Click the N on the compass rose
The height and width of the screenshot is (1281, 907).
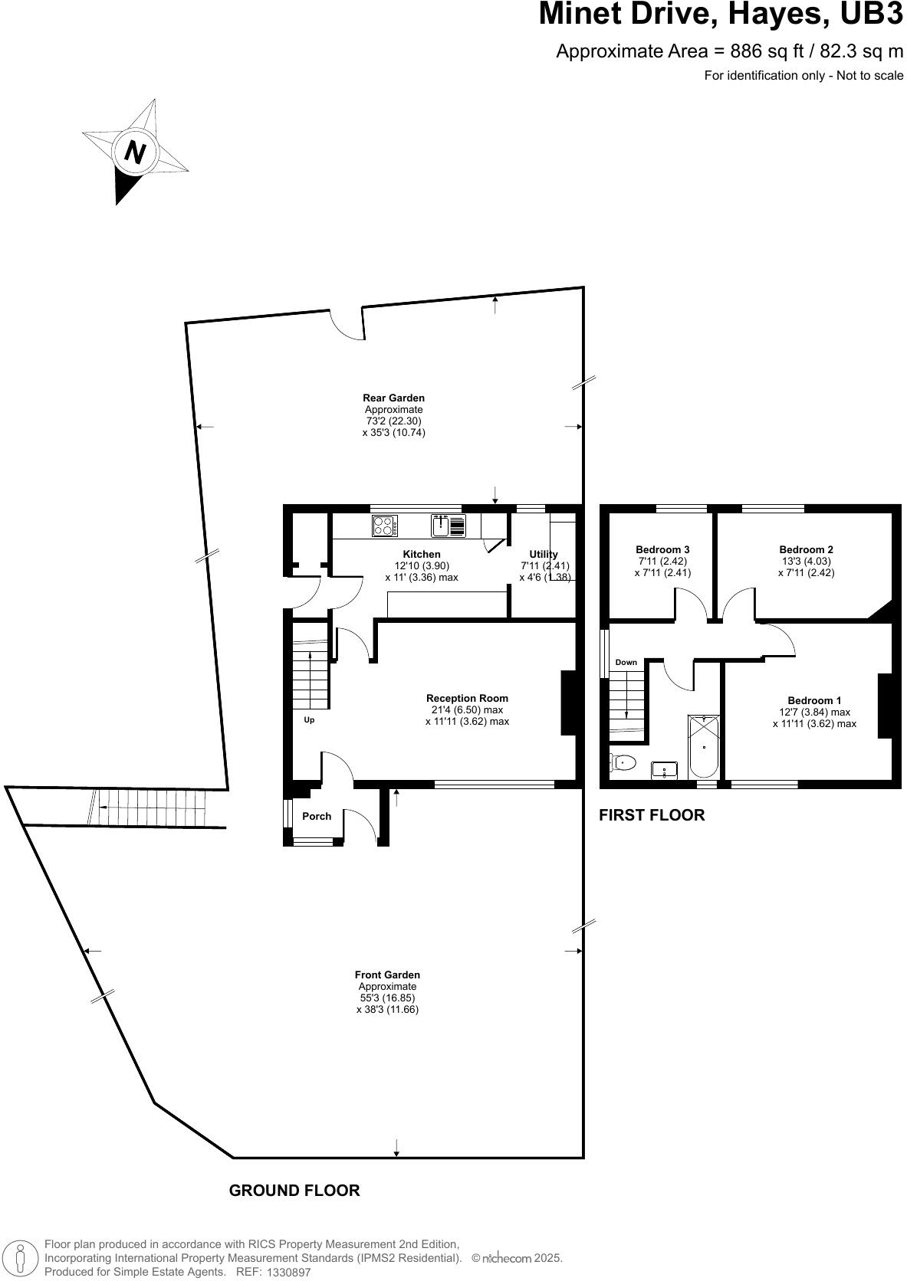click(136, 152)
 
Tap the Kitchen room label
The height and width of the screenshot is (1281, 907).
click(422, 554)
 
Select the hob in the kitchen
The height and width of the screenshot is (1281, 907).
click(385, 526)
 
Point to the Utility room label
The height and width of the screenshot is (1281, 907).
click(544, 554)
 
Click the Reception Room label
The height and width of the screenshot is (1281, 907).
click(467, 698)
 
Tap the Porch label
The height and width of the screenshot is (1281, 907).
click(317, 816)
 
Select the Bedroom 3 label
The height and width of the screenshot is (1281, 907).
click(662, 549)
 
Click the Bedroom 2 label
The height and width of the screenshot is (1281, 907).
click(806, 549)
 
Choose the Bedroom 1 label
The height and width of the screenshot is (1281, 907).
click(814, 700)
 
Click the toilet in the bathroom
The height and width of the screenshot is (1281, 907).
click(624, 762)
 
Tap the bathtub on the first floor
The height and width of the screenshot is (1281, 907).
click(704, 745)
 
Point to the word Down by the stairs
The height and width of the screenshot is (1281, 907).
click(626, 662)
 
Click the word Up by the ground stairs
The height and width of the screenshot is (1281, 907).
click(309, 720)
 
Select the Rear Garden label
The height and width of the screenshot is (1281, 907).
click(393, 398)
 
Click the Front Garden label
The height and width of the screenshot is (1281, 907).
click(387, 975)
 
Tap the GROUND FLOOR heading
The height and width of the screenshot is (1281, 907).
click(294, 1190)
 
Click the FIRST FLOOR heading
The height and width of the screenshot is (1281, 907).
click(651, 814)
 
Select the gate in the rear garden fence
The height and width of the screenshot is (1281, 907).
click(347, 323)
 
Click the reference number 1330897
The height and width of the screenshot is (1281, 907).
click(288, 1272)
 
